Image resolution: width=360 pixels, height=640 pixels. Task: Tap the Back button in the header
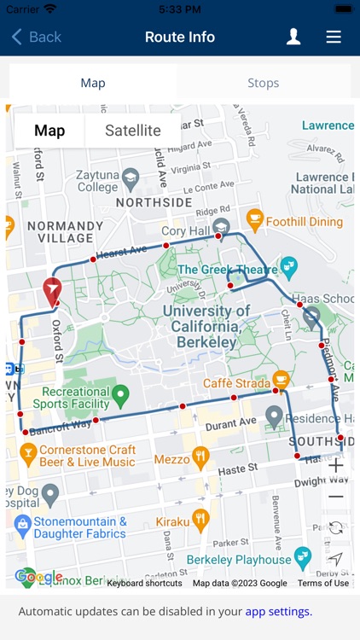coord(36,37)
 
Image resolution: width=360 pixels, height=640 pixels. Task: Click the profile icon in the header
coord(293,37)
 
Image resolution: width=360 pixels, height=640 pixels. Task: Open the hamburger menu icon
coord(334,37)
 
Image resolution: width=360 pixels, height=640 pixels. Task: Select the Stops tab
coord(263,83)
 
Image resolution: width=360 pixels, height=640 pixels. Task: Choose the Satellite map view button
coord(133,131)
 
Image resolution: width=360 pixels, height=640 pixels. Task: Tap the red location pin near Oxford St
coord(53,292)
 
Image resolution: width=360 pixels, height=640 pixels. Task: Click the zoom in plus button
coord(336,466)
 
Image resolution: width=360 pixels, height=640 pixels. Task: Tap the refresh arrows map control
coord(336,528)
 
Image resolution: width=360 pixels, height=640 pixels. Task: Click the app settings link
coord(278,611)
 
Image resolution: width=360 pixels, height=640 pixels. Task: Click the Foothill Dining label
coord(304,222)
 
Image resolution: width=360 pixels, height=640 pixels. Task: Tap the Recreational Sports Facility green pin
coord(120,395)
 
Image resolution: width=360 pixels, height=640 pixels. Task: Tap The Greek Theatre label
coord(228,270)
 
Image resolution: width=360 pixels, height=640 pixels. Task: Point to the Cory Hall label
coord(185,231)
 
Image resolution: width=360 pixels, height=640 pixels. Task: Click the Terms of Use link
coord(322,583)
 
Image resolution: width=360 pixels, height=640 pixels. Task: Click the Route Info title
coord(180,37)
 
